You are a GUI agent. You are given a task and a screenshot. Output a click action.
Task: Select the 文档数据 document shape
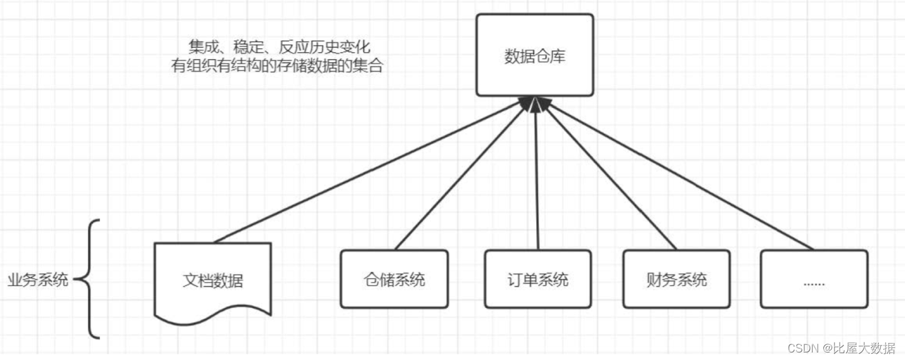(212, 280)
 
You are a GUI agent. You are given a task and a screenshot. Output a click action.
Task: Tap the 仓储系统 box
(394, 279)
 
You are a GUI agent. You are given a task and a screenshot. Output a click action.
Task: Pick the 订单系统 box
(537, 279)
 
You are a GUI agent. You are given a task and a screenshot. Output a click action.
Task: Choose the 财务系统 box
(676, 279)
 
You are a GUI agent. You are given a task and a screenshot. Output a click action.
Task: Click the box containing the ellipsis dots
(814, 279)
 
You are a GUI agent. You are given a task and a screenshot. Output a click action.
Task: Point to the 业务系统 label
(38, 280)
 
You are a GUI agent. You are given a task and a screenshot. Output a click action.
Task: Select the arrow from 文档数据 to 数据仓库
(371, 171)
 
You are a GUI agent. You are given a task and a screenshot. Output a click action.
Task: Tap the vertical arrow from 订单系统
(536, 176)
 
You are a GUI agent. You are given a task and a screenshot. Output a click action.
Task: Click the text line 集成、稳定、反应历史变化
(280, 46)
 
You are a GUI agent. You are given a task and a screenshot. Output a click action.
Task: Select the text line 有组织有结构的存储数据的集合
(277, 65)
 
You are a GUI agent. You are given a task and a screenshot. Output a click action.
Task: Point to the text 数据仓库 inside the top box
(534, 56)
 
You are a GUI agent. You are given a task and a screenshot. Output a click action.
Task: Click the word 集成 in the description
(204, 46)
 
